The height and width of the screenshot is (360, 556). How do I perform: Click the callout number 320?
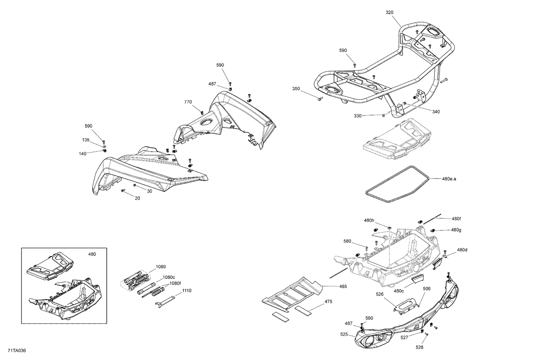(x=389, y=12)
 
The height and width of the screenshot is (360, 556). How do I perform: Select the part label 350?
(x=296, y=89)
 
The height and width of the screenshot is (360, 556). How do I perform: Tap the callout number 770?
(x=188, y=102)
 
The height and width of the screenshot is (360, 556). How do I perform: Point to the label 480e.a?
(x=449, y=179)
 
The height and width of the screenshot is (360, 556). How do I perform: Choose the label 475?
(x=328, y=301)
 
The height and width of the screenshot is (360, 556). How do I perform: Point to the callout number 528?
(x=419, y=347)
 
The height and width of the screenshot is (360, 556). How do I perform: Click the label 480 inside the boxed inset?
(x=92, y=254)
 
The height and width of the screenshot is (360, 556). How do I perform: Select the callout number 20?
(x=137, y=198)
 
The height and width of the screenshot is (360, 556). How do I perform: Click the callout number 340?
(x=436, y=111)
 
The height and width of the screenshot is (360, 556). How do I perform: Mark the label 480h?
(x=369, y=220)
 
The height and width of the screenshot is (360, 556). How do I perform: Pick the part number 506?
(x=426, y=289)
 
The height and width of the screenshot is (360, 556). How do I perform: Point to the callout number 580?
(x=347, y=241)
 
